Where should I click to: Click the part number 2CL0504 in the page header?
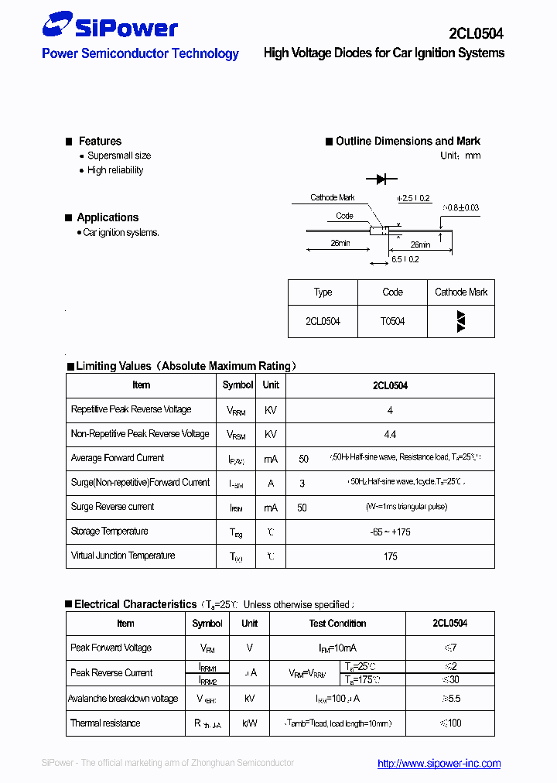(476, 33)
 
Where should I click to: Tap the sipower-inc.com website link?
(439, 763)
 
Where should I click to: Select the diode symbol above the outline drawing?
(381, 180)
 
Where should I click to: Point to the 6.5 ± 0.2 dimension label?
(405, 260)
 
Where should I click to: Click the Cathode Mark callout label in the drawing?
(333, 198)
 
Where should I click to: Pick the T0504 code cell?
(392, 321)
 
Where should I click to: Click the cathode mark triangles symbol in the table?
(461, 321)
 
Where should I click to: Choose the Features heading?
(100, 141)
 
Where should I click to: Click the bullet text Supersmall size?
(119, 156)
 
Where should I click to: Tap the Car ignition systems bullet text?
(121, 232)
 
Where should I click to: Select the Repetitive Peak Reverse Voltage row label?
(131, 409)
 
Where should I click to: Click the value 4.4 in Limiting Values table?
(390, 434)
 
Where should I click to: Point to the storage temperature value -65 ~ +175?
(390, 532)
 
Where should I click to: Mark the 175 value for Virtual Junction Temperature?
(390, 556)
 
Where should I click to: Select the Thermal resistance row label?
(105, 723)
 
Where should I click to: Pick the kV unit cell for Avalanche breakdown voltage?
(249, 699)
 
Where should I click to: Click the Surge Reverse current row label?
(112, 507)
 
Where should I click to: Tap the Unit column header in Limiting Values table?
(271, 385)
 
